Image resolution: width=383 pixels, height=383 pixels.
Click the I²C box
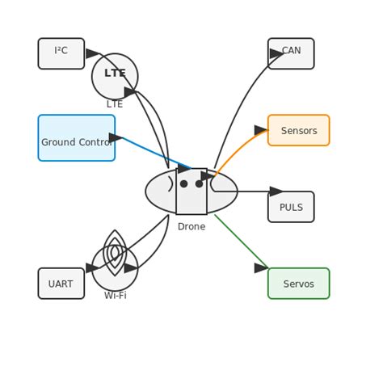click(61, 53)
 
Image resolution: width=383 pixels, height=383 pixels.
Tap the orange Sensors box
click(298, 130)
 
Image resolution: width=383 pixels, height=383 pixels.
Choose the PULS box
click(291, 207)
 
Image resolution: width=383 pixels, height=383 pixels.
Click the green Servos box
click(298, 284)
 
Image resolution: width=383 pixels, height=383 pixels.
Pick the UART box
click(61, 284)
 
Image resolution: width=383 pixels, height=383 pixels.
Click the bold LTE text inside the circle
click(115, 74)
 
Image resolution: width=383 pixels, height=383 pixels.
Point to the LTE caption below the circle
click(115, 104)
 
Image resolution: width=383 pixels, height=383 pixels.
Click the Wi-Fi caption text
click(115, 296)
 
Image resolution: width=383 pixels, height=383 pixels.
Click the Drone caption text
click(191, 227)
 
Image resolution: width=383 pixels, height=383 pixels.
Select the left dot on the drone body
click(184, 184)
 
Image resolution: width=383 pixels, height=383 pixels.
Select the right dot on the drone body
click(199, 184)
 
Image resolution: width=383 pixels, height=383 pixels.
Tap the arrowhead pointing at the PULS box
click(276, 191)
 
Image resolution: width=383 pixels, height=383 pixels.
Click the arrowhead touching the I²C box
click(92, 53)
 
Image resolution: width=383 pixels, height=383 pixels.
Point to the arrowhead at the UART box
click(92, 267)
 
